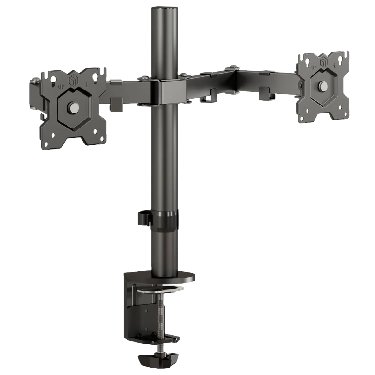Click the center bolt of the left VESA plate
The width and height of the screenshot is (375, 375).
(74, 107)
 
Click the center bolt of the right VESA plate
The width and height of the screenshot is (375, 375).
(322, 86)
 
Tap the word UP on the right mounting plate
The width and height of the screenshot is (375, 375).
(312, 67)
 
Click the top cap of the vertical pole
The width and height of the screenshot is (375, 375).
(165, 7)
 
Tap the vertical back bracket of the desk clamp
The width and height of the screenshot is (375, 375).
(134, 309)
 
